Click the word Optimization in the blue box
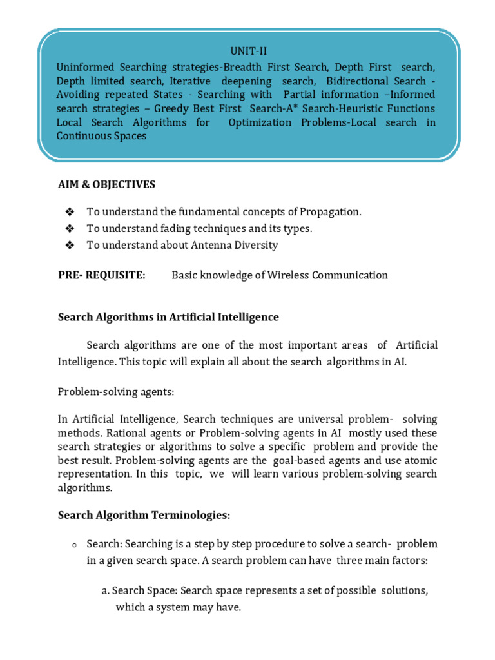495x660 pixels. point(260,122)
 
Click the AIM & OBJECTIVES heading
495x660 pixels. point(106,184)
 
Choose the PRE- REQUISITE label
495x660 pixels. point(101,275)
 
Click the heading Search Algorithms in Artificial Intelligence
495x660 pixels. point(168,317)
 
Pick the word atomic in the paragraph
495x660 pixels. point(420,460)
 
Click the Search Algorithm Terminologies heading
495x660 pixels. point(144,515)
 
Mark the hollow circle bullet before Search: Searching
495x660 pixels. point(75,545)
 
